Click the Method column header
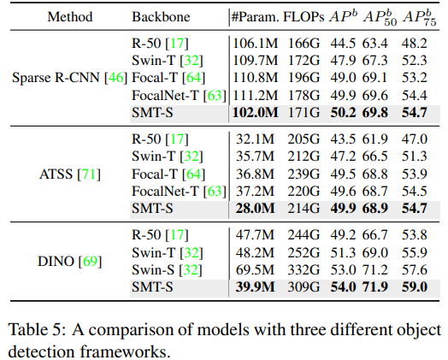[58, 16]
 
